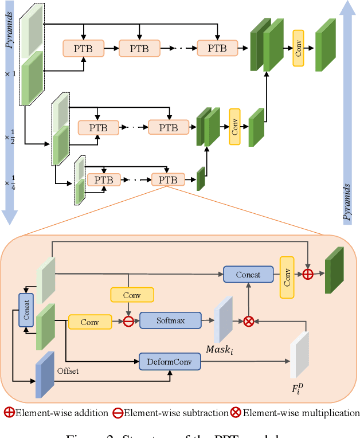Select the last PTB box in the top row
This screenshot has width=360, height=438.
coord(217,48)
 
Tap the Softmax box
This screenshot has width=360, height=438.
coord(170,320)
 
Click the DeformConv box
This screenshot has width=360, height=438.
coord(170,361)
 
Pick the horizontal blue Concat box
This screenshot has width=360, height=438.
coord(248,275)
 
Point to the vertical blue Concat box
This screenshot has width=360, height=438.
coord(25,310)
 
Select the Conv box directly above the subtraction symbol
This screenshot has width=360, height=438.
coord(132,295)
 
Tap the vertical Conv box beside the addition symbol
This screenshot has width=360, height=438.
coord(287,276)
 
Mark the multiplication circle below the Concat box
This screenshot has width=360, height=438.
coord(248,321)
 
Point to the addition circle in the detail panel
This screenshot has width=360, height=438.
coord(308,274)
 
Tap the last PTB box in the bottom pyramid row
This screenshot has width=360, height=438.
coord(168,179)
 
